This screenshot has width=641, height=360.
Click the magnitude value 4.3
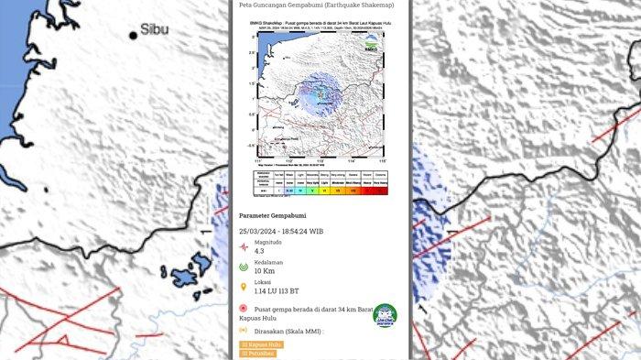pos(261,249)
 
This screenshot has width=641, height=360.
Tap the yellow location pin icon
pos(243,285)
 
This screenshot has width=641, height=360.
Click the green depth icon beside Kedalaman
pos(243,267)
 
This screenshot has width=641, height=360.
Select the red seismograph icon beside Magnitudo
pos(243,245)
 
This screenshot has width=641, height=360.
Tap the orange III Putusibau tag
pos(262,353)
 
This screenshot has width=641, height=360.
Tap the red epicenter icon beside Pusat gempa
pos(243,310)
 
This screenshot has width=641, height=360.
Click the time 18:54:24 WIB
pos(316,231)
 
